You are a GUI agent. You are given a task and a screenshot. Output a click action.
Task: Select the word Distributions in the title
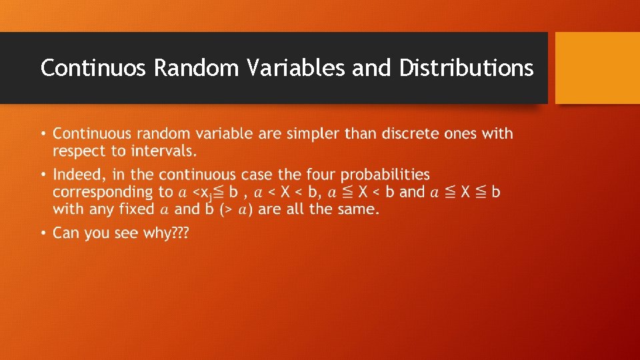466,68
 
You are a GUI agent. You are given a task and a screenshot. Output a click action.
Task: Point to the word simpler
313,134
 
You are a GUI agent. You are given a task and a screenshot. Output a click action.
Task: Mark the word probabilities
386,175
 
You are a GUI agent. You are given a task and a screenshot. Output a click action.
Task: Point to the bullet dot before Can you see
43,233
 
